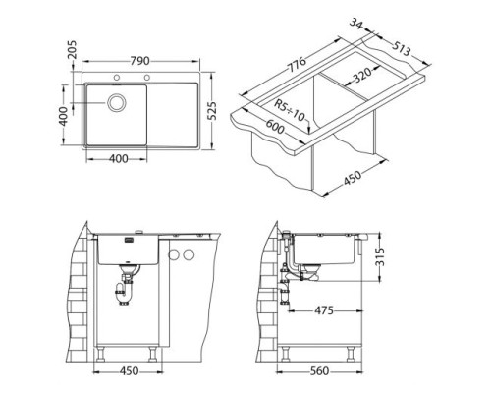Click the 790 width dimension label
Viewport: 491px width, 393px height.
139,61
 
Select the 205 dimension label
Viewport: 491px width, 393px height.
72,49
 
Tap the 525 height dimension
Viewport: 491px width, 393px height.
212,111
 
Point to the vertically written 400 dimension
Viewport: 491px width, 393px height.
64,116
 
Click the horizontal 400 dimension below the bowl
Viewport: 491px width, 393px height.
118,159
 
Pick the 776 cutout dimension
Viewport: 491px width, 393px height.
297,65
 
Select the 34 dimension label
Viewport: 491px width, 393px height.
356,24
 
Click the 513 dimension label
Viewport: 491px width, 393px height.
401,47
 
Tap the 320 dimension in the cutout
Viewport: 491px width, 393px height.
363,76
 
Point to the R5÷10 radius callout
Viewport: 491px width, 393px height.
290,110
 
